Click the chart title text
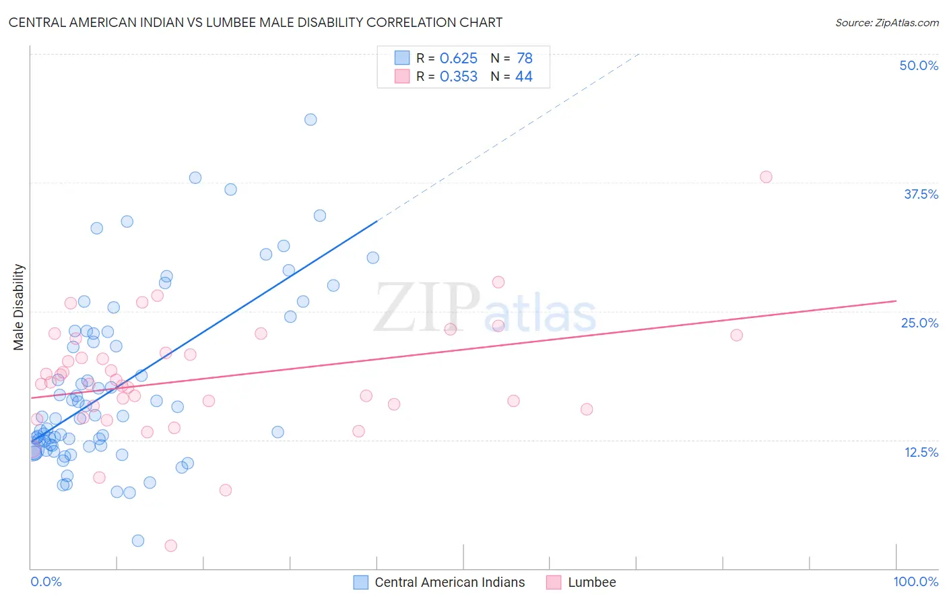click(x=255, y=22)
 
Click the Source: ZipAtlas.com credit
click(x=886, y=22)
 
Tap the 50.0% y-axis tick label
click(x=919, y=65)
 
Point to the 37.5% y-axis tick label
click(x=921, y=194)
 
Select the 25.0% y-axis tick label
click(x=919, y=323)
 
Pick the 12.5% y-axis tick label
click(x=921, y=452)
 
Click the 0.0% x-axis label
click(x=46, y=581)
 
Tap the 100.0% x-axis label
click(x=915, y=581)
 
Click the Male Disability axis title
click(x=18, y=307)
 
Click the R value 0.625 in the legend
click(x=458, y=59)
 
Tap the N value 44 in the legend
click(x=523, y=77)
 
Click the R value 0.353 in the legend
click(x=458, y=77)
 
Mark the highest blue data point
click(x=311, y=119)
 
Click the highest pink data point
click(x=766, y=177)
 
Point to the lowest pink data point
click(x=171, y=546)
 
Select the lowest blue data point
click(x=138, y=540)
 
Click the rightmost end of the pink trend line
click(x=896, y=300)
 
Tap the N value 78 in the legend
click(x=524, y=59)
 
